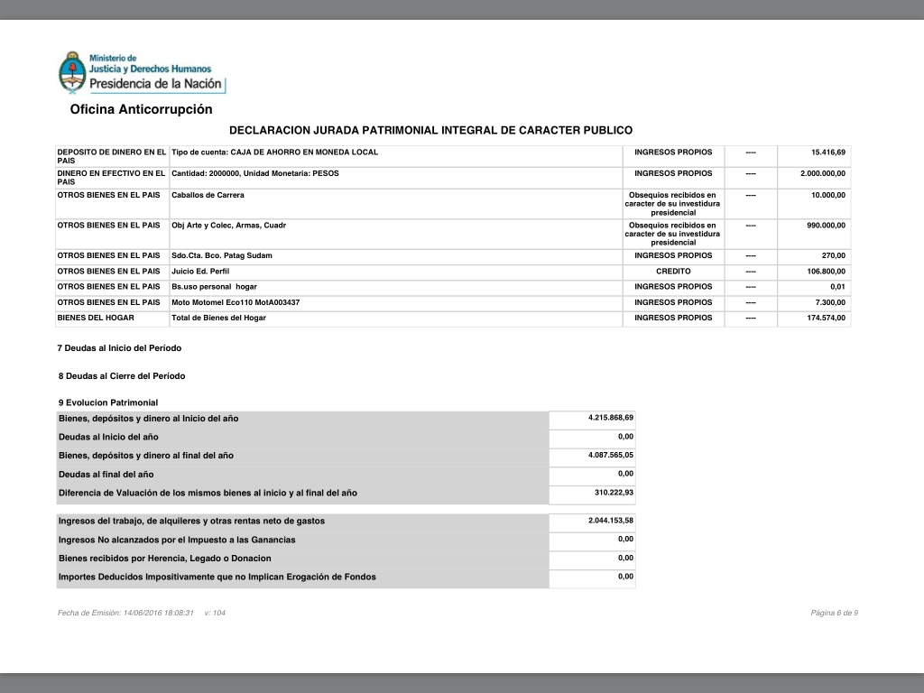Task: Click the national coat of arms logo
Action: (70, 72)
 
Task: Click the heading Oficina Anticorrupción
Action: (141, 109)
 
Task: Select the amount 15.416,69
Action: (828, 152)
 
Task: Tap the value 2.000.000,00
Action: (823, 173)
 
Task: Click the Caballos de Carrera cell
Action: (208, 195)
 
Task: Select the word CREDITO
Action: (673, 271)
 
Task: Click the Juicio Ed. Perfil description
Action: (202, 271)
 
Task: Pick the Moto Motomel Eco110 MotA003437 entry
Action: (236, 302)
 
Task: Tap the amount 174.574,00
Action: (826, 318)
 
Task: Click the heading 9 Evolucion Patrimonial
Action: (107, 402)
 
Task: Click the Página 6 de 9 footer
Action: (834, 614)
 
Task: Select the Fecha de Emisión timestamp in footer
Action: (125, 614)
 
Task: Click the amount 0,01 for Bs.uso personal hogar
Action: (837, 287)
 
